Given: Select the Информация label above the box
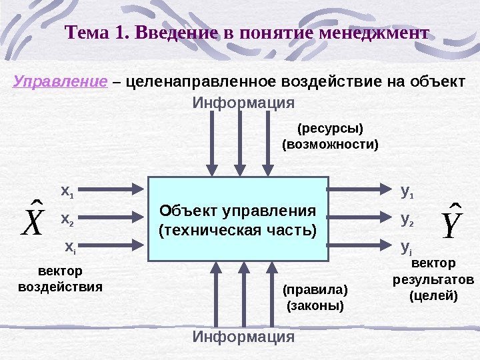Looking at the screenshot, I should [x=243, y=103].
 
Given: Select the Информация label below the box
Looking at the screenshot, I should [x=243, y=337].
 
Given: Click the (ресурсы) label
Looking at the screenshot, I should [x=330, y=128].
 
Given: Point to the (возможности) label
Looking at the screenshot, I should [x=330, y=144].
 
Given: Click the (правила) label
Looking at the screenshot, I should [x=315, y=290].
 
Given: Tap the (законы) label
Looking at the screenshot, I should [x=315, y=306].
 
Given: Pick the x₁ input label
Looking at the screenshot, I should [x=67, y=192].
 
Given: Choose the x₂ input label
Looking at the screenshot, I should [x=67, y=219].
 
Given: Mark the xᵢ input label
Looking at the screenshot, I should [x=70, y=247].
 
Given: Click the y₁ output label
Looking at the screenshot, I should [x=407, y=192].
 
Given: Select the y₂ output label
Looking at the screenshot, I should [x=407, y=219].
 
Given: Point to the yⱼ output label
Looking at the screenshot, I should [x=406, y=248].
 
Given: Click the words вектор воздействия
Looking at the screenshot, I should [x=60, y=279].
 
